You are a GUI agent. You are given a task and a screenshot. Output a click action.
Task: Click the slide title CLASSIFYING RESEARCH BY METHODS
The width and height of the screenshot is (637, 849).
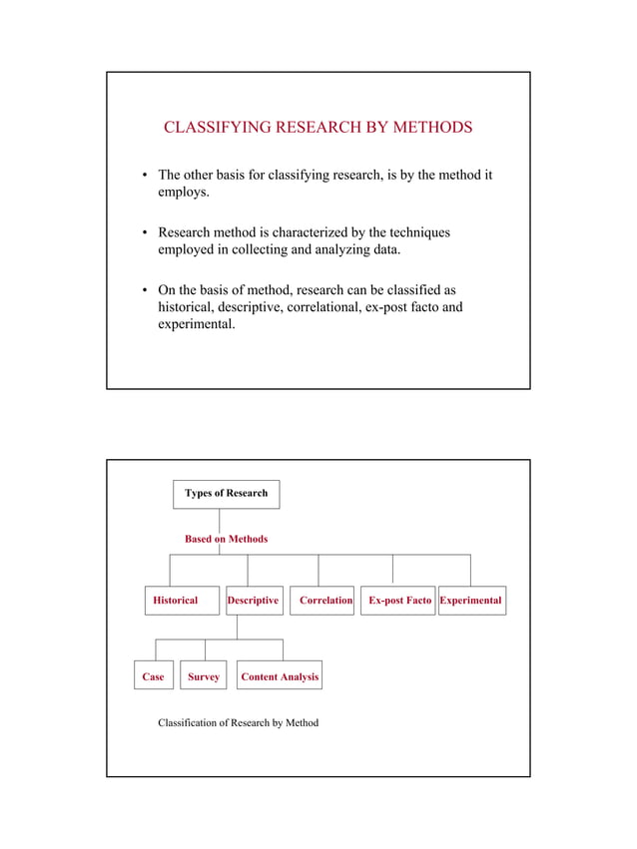(318, 128)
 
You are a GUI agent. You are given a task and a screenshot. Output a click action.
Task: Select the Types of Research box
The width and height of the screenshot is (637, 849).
(227, 494)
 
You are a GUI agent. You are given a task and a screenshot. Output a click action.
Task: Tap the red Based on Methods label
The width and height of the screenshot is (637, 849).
(227, 539)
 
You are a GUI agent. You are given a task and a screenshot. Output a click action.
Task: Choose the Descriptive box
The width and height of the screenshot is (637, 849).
(254, 601)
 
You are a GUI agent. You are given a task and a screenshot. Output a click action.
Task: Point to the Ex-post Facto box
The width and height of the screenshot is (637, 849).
(397, 601)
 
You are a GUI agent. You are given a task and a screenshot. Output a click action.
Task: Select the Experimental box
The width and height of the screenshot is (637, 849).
(470, 601)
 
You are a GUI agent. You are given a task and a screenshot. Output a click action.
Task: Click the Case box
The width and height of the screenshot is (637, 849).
(154, 676)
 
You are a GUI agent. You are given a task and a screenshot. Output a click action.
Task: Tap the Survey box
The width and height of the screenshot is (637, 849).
(205, 676)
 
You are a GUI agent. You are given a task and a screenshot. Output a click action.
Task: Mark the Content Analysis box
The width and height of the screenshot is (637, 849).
(280, 676)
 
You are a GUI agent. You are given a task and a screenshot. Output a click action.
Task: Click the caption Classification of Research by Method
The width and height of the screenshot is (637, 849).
(239, 722)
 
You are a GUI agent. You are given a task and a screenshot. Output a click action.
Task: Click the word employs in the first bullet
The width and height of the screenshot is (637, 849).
(183, 193)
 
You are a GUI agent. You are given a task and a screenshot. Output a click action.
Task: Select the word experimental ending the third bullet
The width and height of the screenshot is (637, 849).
(197, 324)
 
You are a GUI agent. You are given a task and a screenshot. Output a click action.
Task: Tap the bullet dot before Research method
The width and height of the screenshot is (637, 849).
(146, 233)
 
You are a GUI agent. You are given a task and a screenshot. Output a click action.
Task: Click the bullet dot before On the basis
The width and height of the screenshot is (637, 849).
(146, 290)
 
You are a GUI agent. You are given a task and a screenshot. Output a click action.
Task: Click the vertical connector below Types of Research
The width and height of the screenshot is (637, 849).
(220, 521)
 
